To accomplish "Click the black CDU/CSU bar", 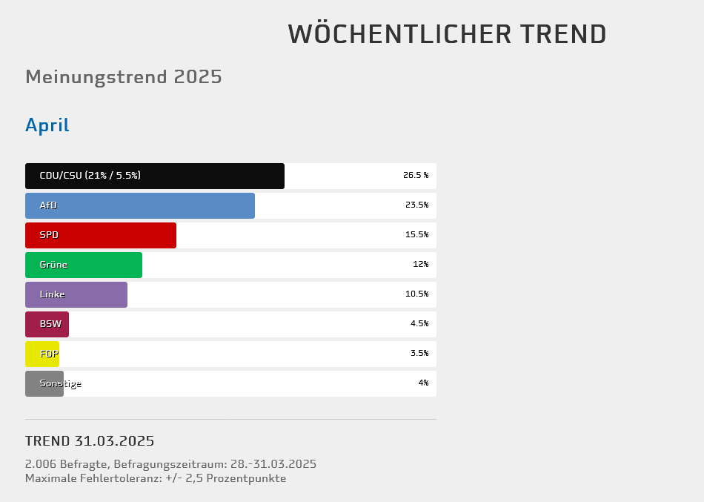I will coord(155,176).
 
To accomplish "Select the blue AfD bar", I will coord(140,205).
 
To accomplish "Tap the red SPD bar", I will coord(101,235).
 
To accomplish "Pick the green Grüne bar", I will coord(84,265).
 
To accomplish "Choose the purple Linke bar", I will coord(76,294).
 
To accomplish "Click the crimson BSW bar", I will coord(47,324).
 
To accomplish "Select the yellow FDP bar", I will coord(42,354).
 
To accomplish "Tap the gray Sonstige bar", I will coord(44,383).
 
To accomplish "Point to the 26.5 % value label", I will coord(416,176).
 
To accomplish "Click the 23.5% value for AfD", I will coord(416,205).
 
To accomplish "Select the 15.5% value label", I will coord(416,235).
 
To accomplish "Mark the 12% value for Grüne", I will coord(420,265).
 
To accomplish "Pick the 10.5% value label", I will coord(416,294).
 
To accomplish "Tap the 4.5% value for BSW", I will coord(419,324).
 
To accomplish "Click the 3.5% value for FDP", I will coord(419,354).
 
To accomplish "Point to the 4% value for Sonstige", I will coord(423,383).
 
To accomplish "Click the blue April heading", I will coord(47,125).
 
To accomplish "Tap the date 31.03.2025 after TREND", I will coord(114,441).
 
